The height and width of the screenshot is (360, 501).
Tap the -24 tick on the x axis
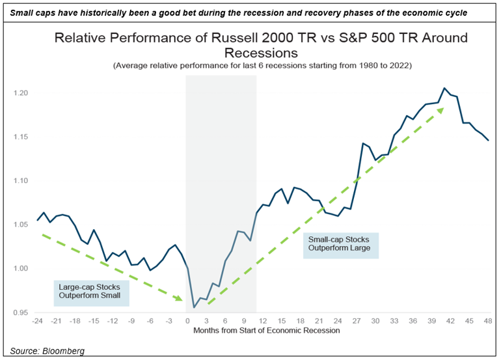click(37, 321)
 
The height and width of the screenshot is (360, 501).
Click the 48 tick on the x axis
click(487, 321)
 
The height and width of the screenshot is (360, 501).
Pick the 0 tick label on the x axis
click(187, 321)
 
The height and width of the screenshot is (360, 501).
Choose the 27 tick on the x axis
click(356, 321)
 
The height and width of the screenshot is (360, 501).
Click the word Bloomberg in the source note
click(62, 352)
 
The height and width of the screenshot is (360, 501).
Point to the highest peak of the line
click(444, 88)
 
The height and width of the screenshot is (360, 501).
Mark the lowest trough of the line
click(194, 307)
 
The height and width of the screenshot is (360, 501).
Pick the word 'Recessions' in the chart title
click(262, 52)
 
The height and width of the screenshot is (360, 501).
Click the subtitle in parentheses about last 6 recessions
click(262, 66)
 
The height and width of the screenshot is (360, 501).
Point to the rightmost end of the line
click(487, 140)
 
